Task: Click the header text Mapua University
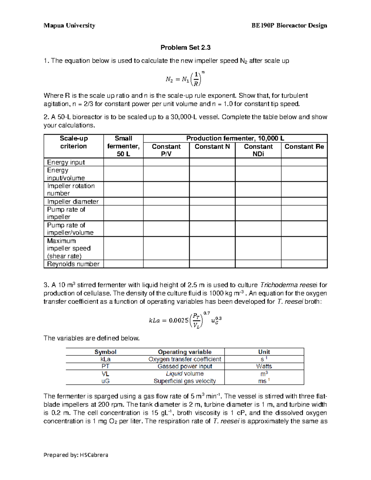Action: click(x=69, y=26)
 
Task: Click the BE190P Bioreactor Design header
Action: click(x=289, y=26)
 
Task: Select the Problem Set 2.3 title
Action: click(x=185, y=48)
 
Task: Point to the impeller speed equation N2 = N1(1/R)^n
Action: click(x=185, y=79)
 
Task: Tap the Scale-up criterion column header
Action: click(x=74, y=142)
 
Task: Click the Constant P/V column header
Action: click(x=166, y=150)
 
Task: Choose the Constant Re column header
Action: click(x=304, y=147)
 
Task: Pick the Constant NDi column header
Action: click(x=258, y=150)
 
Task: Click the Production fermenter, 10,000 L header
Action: click(x=235, y=138)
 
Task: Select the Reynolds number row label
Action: click(x=73, y=264)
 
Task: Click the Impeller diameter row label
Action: click(x=73, y=202)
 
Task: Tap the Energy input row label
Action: click(x=66, y=162)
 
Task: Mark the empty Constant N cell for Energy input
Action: click(x=212, y=162)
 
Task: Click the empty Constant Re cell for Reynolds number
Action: click(x=304, y=264)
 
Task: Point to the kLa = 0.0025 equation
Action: click(x=185, y=321)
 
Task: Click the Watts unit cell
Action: click(x=264, y=366)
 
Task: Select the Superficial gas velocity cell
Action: click(x=185, y=381)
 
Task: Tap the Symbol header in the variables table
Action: click(x=105, y=352)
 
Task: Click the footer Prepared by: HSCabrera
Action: click(x=76, y=455)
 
